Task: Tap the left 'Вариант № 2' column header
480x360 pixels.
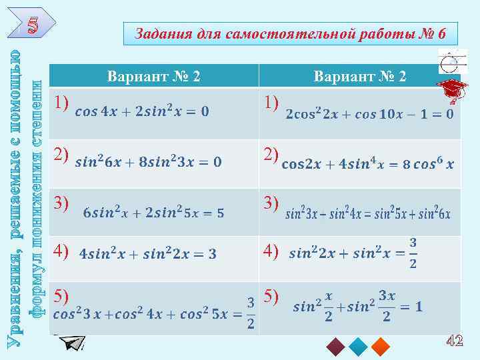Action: (153, 77)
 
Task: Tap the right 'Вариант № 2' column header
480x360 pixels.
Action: (360, 77)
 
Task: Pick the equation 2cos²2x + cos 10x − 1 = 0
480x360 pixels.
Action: (369, 114)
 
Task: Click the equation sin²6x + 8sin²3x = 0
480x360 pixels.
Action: (149, 161)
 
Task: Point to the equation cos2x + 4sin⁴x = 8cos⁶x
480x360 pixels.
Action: (368, 164)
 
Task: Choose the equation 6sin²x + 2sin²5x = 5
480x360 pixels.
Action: (153, 213)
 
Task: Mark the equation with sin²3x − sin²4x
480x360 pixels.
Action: (368, 214)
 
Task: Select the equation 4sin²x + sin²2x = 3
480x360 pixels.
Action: (147, 254)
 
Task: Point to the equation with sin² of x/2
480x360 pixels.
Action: (357, 307)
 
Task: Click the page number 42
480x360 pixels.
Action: (454, 341)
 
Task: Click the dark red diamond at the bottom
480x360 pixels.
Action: (335, 345)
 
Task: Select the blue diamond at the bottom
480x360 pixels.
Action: (358, 345)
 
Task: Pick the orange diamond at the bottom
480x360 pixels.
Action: (381, 345)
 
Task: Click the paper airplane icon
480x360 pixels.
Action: (72, 343)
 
